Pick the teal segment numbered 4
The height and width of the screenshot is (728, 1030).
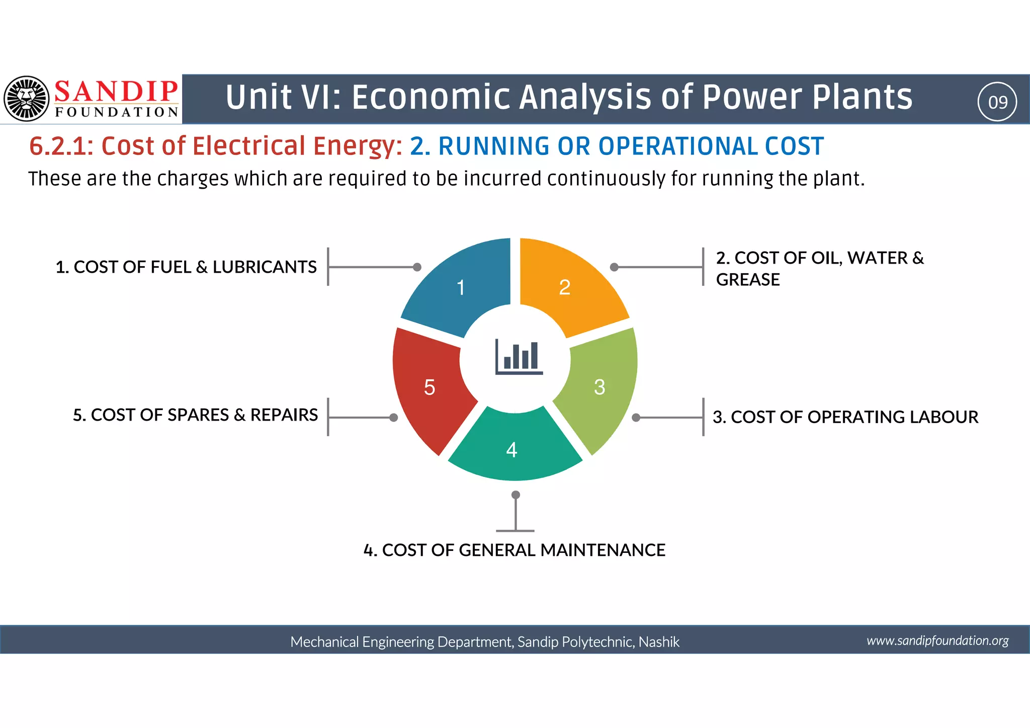513,448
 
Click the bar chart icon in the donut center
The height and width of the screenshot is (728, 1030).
519,357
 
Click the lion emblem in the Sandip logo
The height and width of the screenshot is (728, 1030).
26,99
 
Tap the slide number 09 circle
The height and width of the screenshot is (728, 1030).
997,102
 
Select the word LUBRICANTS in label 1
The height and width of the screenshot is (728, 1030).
265,267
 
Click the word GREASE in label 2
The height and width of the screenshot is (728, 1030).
747,280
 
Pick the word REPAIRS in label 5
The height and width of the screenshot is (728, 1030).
284,415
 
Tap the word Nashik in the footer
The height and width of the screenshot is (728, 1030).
659,642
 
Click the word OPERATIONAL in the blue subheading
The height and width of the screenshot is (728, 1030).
677,146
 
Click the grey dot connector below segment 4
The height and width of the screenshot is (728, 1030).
516,495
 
